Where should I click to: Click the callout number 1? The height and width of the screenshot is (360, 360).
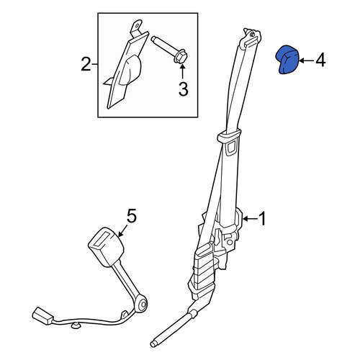pyautogui.click(x=263, y=219)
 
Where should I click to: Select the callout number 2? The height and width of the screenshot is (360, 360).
pyautogui.click(x=86, y=64)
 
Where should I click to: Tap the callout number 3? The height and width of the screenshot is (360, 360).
pyautogui.click(x=183, y=89)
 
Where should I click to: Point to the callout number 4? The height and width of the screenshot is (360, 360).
pyautogui.click(x=320, y=60)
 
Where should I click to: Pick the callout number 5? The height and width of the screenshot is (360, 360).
pyautogui.click(x=132, y=216)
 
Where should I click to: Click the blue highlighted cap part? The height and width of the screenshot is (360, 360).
pyautogui.click(x=287, y=60)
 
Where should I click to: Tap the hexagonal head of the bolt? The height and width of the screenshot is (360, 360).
pyautogui.click(x=181, y=57)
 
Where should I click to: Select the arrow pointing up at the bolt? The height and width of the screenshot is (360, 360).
pyautogui.click(x=182, y=71)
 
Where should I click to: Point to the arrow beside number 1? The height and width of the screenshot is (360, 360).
pyautogui.click(x=251, y=219)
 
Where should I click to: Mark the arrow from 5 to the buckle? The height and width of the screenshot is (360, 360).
pyautogui.click(x=122, y=231)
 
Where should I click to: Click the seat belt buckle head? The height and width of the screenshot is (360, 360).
pyautogui.click(x=106, y=247)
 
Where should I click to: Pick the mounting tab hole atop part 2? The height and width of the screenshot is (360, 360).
pyautogui.click(x=138, y=24)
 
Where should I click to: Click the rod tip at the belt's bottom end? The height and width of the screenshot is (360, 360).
pyautogui.click(x=154, y=343)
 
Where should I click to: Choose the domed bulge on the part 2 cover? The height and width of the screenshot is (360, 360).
pyautogui.click(x=130, y=70)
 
